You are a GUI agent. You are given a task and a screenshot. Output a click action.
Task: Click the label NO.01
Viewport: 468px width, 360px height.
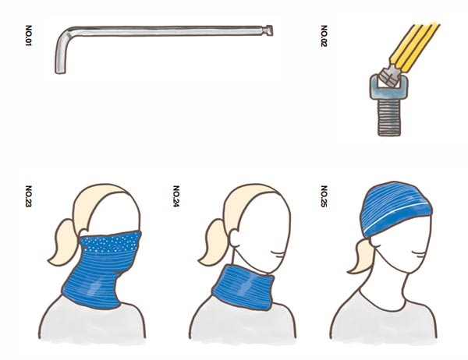pos(28,36)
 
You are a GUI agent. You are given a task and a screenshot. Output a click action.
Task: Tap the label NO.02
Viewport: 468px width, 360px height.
pos(324,36)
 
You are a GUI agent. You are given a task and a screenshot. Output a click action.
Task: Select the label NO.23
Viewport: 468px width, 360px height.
pos(28,196)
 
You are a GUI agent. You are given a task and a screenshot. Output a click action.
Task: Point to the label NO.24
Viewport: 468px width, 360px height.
pos(176,196)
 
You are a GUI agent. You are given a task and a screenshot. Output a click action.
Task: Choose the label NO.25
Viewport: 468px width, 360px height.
pos(324,196)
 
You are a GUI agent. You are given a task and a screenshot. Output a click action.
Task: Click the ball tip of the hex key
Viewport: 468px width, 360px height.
pos(268,30)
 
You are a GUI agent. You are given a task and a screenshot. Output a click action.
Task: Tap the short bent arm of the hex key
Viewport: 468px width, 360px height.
pos(61,55)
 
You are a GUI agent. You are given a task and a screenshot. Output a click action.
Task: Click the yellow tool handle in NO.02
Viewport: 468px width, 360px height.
pos(415,48)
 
